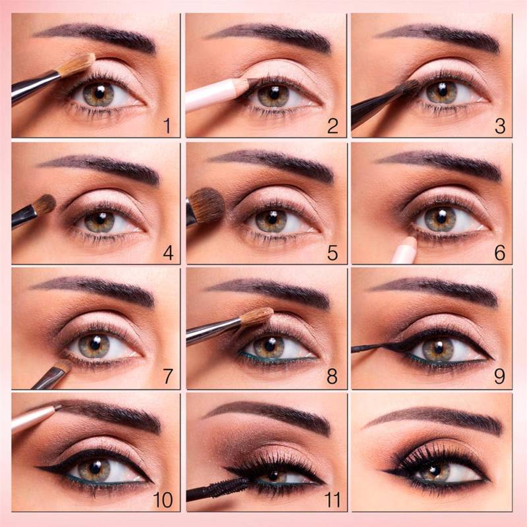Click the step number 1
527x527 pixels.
point(167,126)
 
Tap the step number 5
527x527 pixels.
point(332,253)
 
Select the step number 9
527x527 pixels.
point(499,376)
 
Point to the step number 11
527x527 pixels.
point(333,499)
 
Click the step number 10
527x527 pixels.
point(163,500)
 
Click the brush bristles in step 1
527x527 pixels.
point(76,64)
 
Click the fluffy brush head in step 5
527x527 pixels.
point(207,205)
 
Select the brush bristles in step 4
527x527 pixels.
point(45,204)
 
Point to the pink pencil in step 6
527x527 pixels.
point(404,250)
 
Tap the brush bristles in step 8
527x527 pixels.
point(257,317)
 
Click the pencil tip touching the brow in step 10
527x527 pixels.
point(58,407)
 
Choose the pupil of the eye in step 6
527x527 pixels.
point(441,217)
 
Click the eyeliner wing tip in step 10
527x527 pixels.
point(37,467)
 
